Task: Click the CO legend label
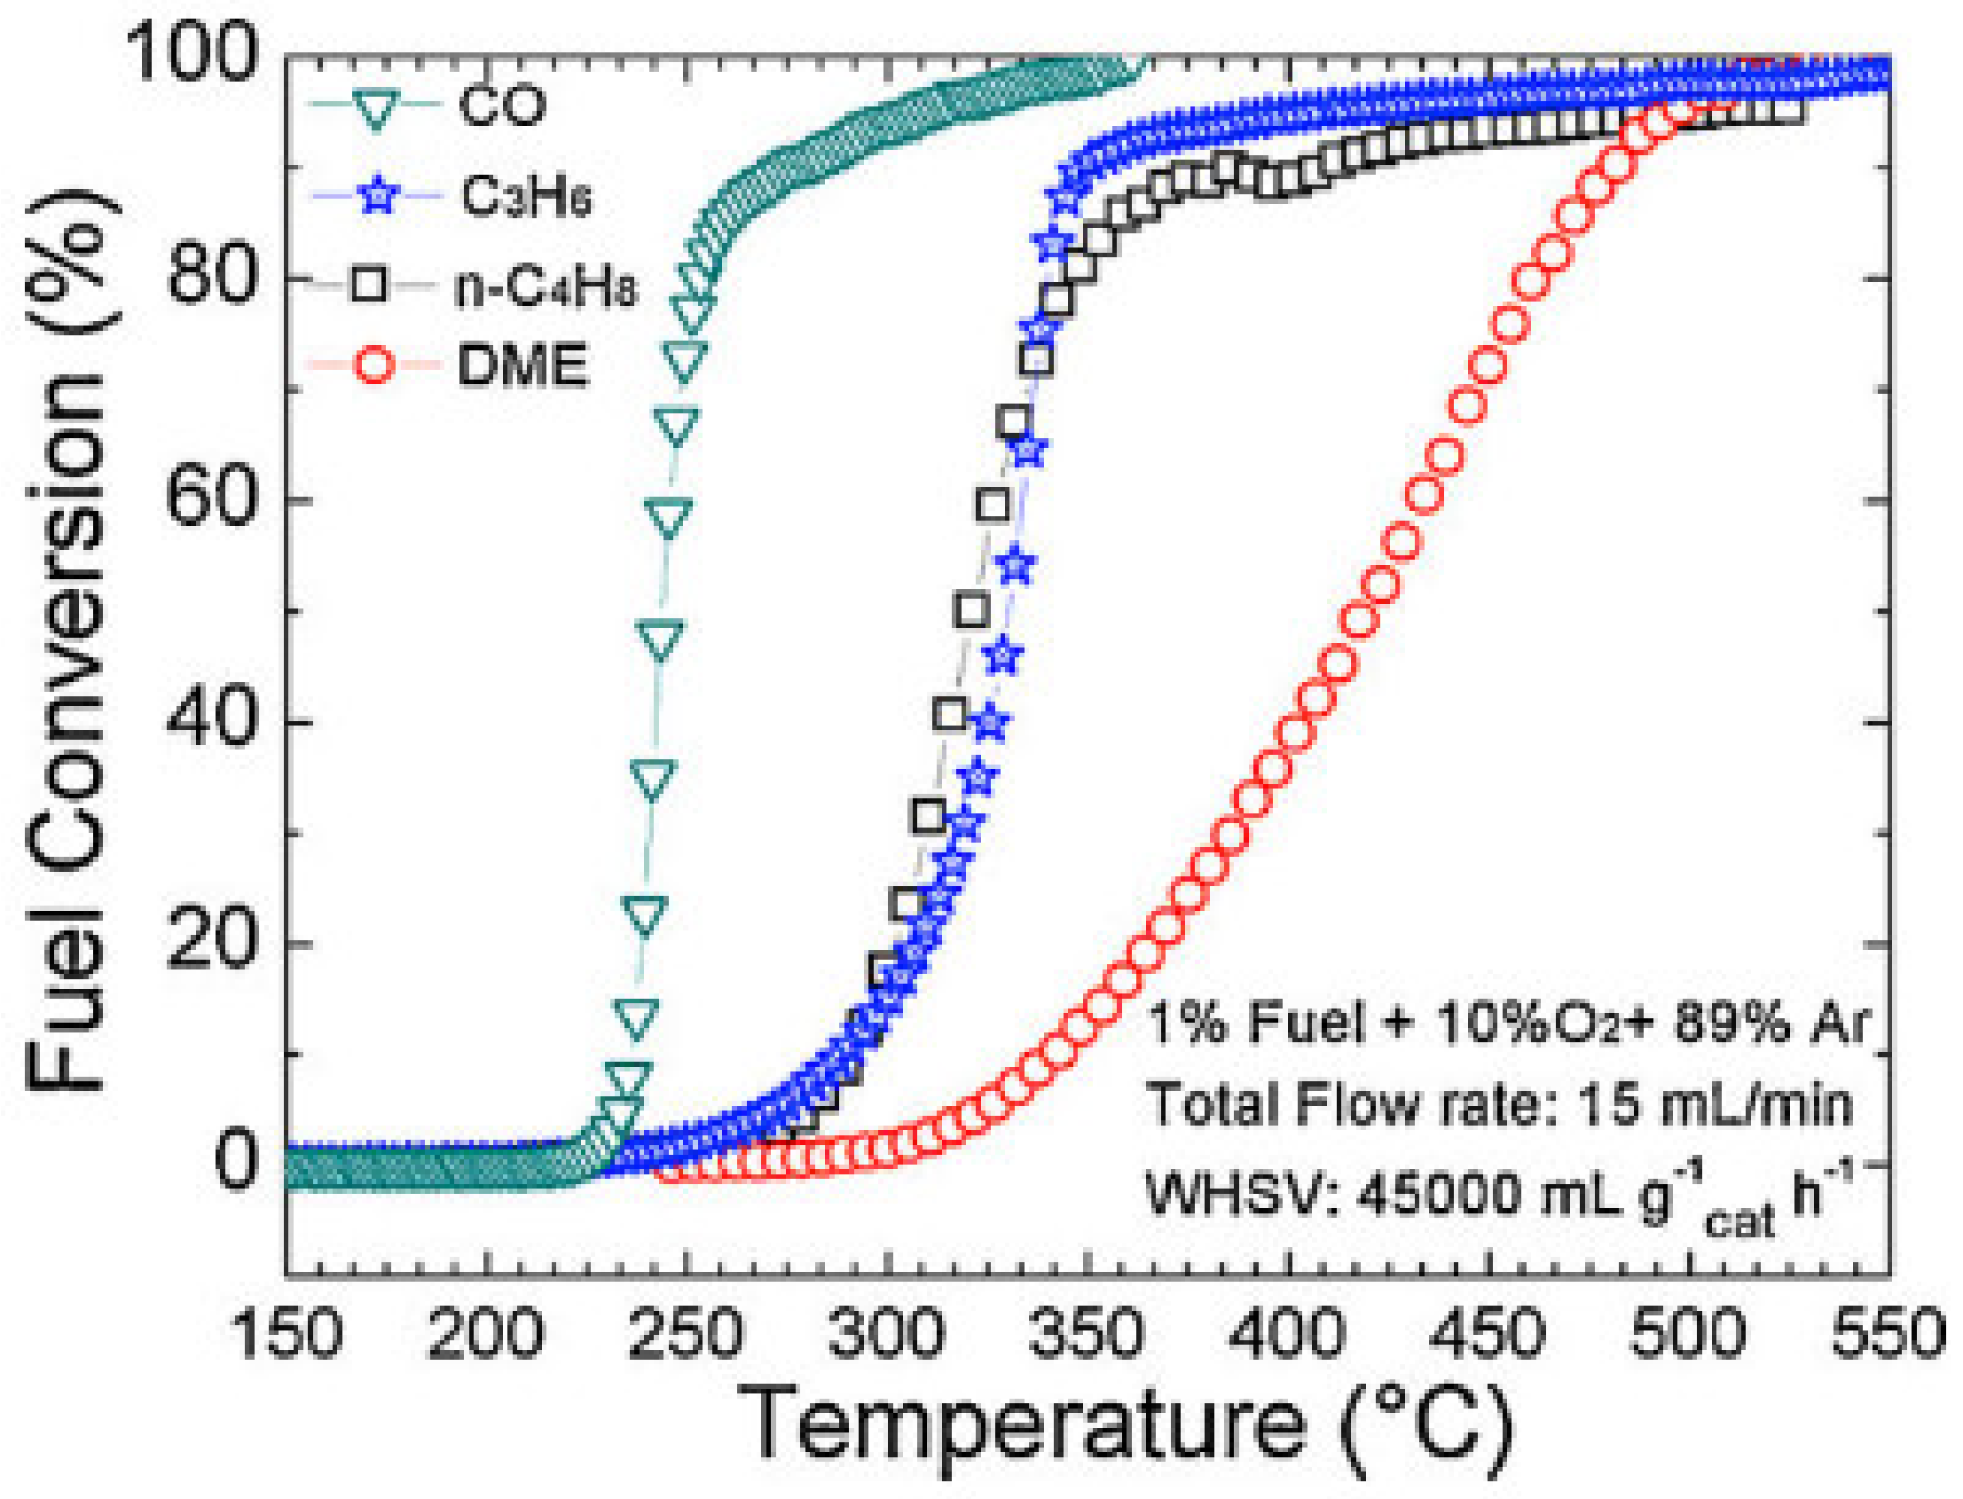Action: pos(501,106)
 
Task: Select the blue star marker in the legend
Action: pos(381,194)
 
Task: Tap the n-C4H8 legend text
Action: pos(546,287)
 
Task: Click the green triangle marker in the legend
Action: pos(375,108)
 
